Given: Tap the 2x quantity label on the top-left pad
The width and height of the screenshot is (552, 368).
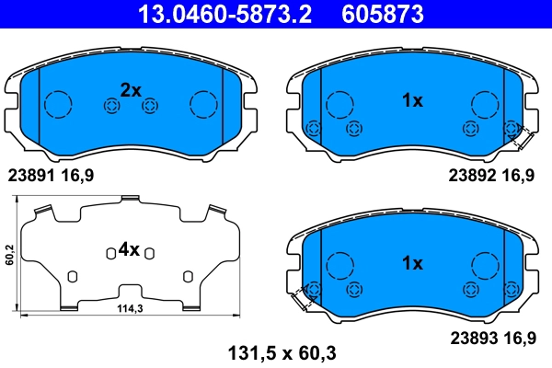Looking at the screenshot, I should tap(131, 90).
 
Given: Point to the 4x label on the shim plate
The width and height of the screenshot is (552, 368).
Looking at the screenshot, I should tap(128, 249).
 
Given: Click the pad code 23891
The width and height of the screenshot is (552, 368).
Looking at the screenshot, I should tap(31, 173).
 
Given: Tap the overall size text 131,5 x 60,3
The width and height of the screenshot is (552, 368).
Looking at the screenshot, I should tap(273, 351).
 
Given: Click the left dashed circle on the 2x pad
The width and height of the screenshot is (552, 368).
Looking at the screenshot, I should tap(60, 104).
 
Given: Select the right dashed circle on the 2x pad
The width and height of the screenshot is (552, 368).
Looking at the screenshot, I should tap(202, 104).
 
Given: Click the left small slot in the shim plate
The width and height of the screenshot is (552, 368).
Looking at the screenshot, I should tap(72, 276).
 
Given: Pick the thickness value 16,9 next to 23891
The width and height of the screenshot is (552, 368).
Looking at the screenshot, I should tap(77, 173).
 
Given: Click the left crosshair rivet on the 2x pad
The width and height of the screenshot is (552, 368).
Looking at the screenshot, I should tap(110, 107).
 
